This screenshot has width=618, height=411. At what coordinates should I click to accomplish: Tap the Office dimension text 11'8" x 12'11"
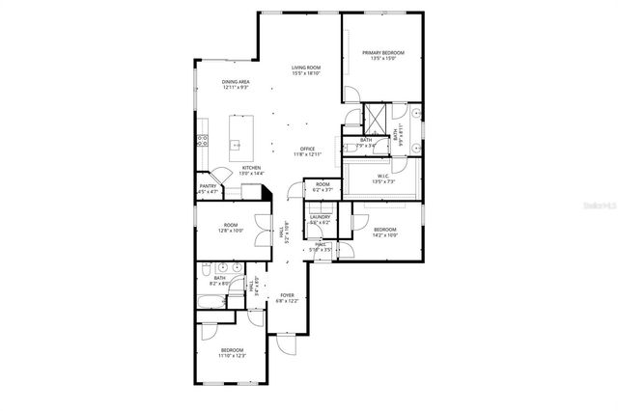pos(306,155)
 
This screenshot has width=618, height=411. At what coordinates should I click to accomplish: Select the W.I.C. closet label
pos(383,177)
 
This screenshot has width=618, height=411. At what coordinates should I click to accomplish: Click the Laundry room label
pos(321,217)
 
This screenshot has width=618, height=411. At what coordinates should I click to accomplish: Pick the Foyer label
pos(287,295)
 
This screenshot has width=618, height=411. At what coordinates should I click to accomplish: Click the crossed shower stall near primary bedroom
pos(374,117)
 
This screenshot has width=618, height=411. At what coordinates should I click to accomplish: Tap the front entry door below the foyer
pos(285,342)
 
